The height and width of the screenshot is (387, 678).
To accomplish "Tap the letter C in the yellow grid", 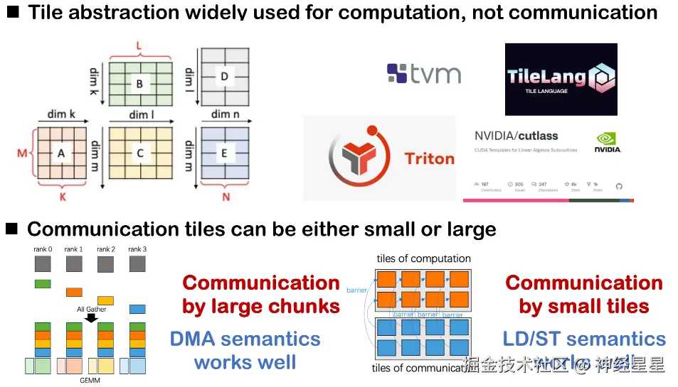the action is pos(140,152).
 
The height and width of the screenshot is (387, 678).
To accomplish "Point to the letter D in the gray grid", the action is pos(225,76).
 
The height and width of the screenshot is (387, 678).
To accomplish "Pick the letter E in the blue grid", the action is pos(225,152).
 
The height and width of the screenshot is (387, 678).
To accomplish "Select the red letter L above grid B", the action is pos(139,45).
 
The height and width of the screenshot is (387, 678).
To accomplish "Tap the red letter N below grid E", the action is pos(226,197).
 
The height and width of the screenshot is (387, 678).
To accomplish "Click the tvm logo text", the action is pos(435,74).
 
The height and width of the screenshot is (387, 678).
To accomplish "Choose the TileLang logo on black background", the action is pos(561,79).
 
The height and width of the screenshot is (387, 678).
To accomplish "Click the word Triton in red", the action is pos(429,158).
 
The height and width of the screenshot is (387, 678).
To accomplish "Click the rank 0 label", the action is pos(43,249).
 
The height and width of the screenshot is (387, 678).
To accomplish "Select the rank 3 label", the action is pos(138,249).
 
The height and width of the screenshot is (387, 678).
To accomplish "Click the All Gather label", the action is pos(91,310).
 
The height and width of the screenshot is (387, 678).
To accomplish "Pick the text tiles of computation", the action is pos(423,258).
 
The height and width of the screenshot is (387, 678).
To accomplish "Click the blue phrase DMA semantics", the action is pos(245,339).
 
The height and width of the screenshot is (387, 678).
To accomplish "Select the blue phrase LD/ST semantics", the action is pos(584,339).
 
